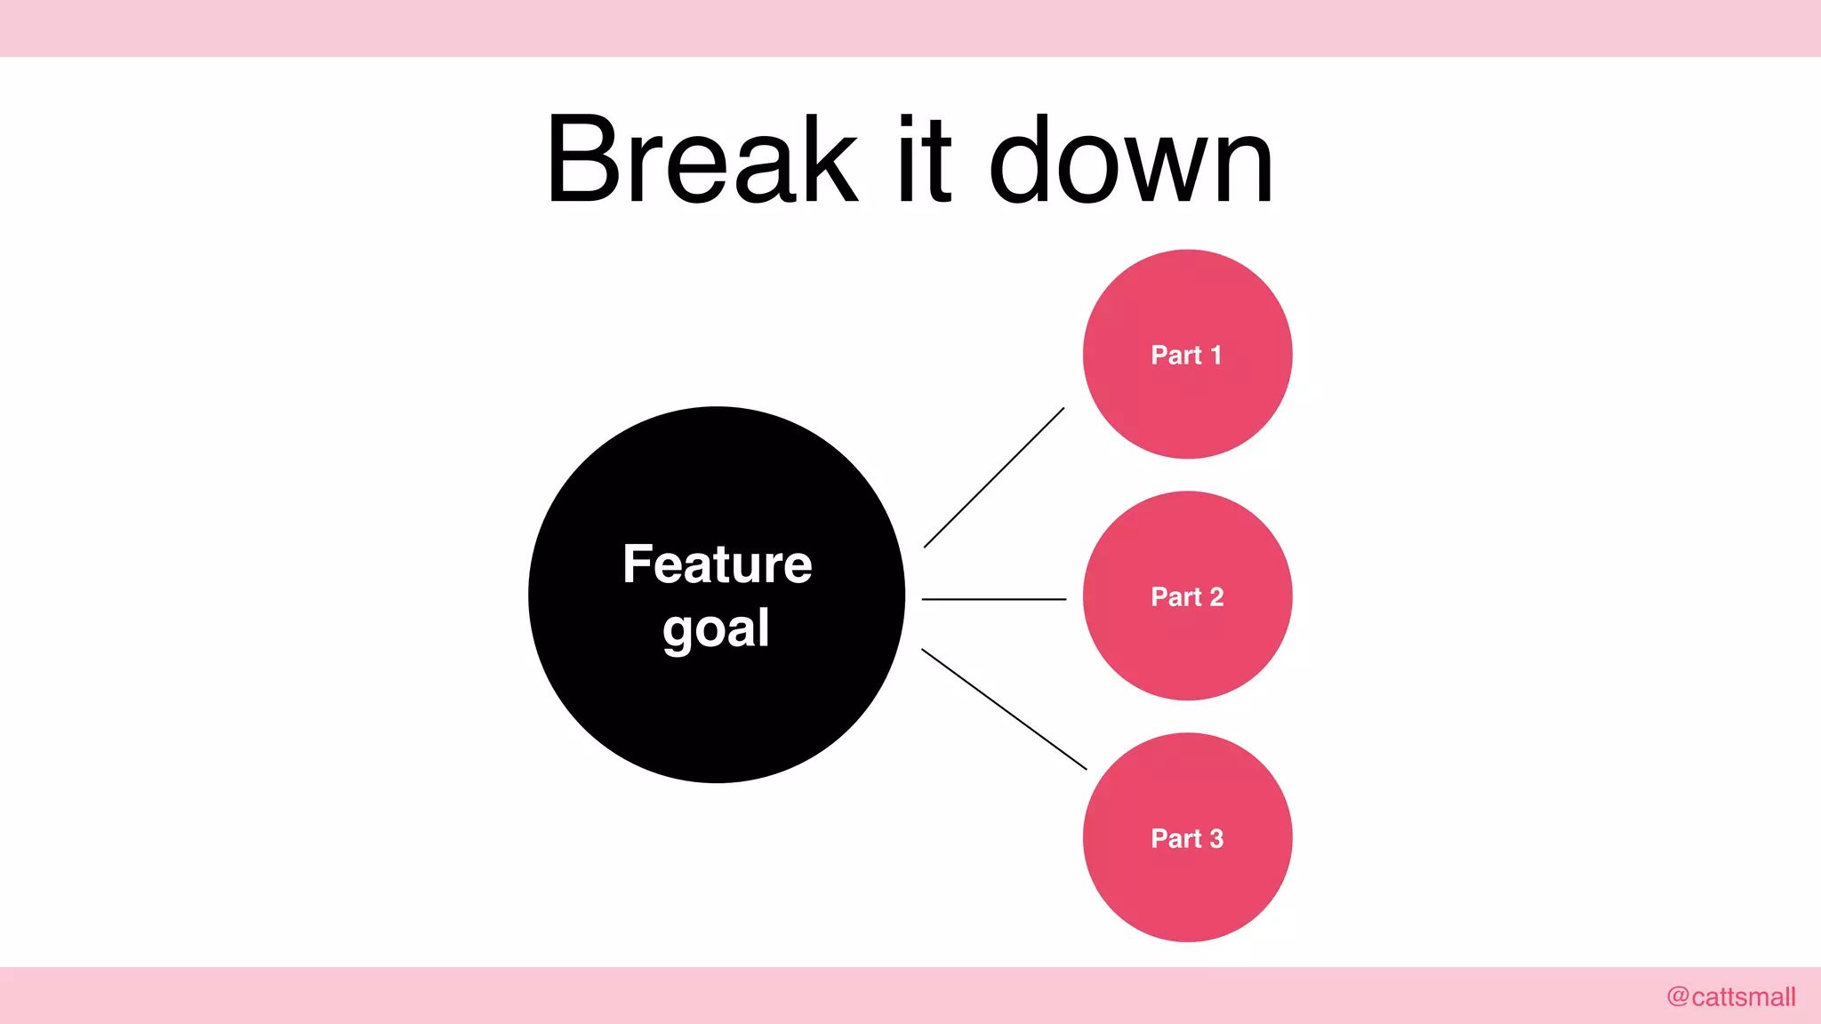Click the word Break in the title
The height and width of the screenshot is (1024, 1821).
click(702, 160)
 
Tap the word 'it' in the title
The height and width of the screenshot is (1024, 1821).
click(925, 160)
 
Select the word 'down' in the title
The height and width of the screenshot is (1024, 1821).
click(1131, 160)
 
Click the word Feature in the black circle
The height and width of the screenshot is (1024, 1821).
click(717, 564)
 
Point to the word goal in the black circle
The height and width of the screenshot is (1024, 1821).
click(716, 629)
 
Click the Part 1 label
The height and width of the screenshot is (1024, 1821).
click(1186, 355)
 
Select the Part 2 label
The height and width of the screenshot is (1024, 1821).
click(1187, 596)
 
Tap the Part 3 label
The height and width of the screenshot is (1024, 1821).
click(1187, 838)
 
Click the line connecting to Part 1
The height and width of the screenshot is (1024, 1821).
click(994, 477)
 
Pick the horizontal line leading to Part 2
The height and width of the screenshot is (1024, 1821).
click(994, 599)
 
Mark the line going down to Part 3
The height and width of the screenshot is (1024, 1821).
click(1004, 708)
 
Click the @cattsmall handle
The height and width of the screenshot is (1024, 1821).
click(1731, 996)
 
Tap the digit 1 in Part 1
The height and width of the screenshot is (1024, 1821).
click(1216, 355)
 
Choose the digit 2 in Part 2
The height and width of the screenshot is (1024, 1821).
click(1216, 596)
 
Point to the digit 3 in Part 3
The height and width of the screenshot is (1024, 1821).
click(1216, 838)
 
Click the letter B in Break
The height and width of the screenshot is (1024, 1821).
click(587, 160)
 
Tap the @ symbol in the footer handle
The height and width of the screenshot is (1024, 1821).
click(1678, 996)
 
